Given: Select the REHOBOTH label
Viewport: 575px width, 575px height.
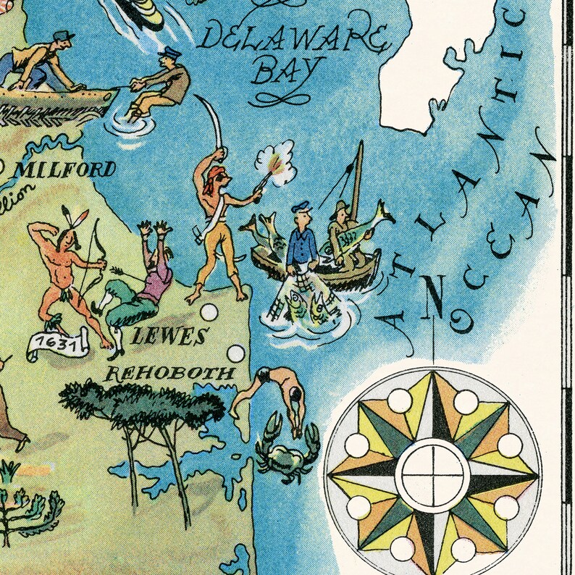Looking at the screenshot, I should coord(171,374).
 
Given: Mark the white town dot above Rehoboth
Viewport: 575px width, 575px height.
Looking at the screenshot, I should coord(236,354).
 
